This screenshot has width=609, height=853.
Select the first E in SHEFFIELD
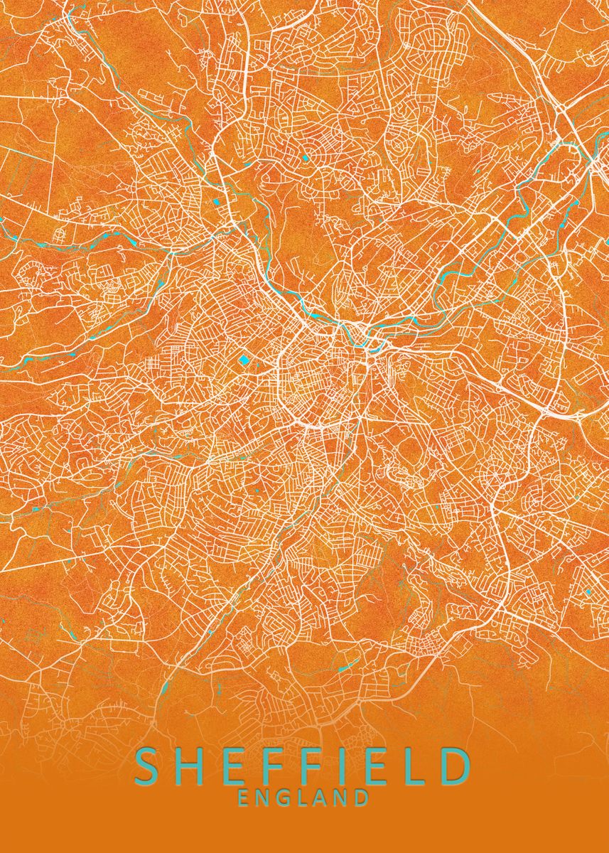228,766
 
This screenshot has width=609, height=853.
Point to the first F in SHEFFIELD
266,766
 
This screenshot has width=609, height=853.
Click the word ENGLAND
303,798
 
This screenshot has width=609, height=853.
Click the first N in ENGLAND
264,798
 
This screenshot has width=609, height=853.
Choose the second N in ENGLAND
343,798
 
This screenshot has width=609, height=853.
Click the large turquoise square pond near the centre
245,360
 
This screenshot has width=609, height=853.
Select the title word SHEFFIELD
302,766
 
